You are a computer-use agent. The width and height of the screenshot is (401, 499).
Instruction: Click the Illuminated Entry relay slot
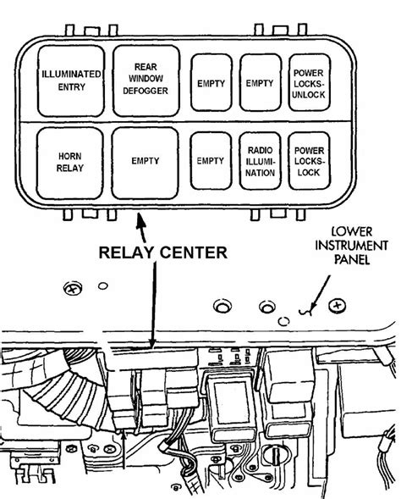click(x=71, y=80)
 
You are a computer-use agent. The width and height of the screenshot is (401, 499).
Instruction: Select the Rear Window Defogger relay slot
click(x=146, y=80)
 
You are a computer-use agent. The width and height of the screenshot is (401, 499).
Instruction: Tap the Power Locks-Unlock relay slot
click(x=310, y=83)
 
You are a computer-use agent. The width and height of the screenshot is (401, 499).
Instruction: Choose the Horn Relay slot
click(x=70, y=164)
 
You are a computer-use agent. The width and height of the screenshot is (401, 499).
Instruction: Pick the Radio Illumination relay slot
click(x=261, y=161)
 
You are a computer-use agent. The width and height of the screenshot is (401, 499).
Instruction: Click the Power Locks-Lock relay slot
click(x=309, y=161)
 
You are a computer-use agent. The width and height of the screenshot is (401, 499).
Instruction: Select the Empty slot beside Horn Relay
click(x=145, y=164)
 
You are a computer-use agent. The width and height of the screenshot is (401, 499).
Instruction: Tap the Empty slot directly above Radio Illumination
click(x=261, y=83)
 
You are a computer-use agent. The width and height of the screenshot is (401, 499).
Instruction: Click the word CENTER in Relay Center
click(x=194, y=252)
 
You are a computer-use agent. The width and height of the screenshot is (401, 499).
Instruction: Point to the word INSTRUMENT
click(x=351, y=246)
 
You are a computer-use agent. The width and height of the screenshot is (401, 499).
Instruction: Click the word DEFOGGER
click(x=146, y=91)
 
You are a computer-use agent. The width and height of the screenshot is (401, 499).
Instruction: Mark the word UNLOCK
click(x=309, y=95)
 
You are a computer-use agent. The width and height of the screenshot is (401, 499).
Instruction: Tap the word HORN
click(x=70, y=156)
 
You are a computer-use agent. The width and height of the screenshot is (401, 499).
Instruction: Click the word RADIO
click(x=261, y=150)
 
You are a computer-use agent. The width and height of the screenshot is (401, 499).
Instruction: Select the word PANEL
click(x=352, y=259)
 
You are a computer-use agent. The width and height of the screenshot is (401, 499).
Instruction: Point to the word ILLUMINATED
click(x=72, y=75)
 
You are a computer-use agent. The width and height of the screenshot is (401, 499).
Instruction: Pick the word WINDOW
click(x=146, y=78)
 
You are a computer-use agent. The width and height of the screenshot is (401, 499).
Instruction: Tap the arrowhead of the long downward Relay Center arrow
click(x=152, y=343)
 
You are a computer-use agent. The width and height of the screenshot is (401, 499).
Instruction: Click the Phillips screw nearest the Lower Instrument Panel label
click(x=338, y=306)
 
